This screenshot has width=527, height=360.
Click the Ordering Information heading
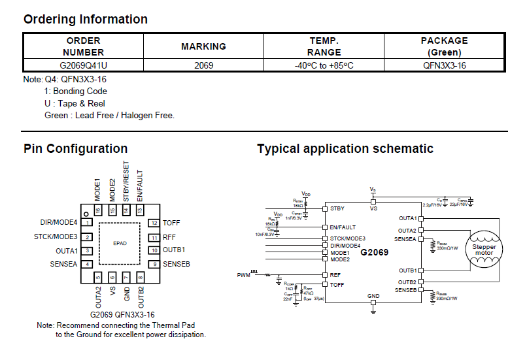(x=86, y=19)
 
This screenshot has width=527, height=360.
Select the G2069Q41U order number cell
(x=83, y=65)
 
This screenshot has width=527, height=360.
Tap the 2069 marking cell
(x=203, y=65)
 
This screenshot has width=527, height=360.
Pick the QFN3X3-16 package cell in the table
(x=444, y=65)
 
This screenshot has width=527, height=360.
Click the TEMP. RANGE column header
(x=324, y=46)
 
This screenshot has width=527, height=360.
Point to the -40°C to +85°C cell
(x=324, y=65)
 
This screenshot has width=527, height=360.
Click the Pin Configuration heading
(x=75, y=148)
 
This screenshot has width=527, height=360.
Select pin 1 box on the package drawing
(x=87, y=223)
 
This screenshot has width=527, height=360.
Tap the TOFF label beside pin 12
(x=171, y=223)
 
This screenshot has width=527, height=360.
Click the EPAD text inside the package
(x=120, y=243)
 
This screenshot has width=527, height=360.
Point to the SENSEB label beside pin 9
(x=177, y=264)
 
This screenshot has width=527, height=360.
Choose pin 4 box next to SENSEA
(x=87, y=264)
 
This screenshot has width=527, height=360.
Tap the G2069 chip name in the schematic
(x=374, y=252)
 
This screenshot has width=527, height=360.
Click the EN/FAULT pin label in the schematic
(x=343, y=227)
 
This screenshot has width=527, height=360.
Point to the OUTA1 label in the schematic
(x=407, y=218)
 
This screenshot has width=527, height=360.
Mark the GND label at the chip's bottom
(x=373, y=296)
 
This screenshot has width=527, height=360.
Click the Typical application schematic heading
(x=345, y=148)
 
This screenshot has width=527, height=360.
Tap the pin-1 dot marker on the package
(x=85, y=214)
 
